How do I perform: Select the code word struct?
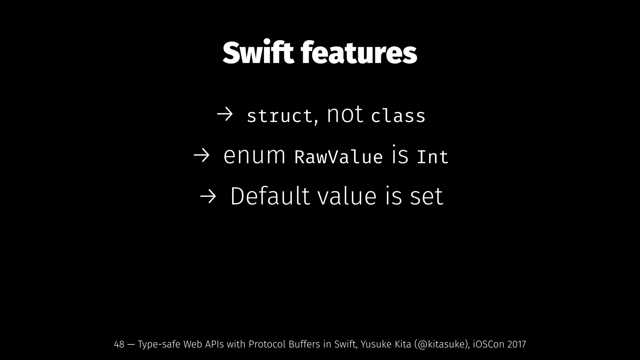280,116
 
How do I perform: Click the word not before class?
345,114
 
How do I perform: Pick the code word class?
398,116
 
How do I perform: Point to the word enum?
254,155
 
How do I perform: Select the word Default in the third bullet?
270,196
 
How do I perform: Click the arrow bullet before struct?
225,115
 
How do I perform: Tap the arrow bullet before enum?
201,156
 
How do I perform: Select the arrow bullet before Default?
208,197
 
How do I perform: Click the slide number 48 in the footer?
119,344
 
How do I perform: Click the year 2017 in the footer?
517,344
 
